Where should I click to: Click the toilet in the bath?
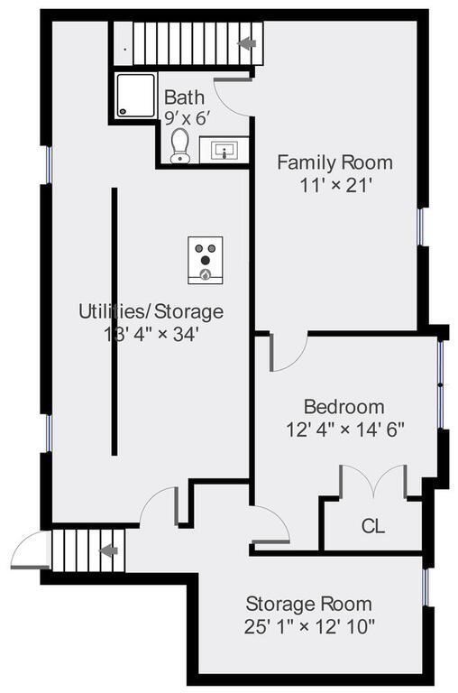[180, 145]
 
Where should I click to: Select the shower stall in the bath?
[136, 96]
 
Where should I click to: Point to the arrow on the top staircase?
[246, 43]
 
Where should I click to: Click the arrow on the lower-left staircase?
[108, 550]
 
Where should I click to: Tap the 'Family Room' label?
[334, 162]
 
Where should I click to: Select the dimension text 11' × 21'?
[335, 184]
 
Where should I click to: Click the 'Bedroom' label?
[343, 406]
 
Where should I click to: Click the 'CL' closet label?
[373, 526]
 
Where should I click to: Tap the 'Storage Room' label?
[308, 604]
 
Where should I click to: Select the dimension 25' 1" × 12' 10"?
[309, 625]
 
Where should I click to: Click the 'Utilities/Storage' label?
[151, 311]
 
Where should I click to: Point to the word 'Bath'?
[184, 97]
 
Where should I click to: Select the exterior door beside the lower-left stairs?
[30, 551]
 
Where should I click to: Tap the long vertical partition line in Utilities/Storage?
[114, 320]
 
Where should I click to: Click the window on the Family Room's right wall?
[421, 226]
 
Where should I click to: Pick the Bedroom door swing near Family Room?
[288, 352]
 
